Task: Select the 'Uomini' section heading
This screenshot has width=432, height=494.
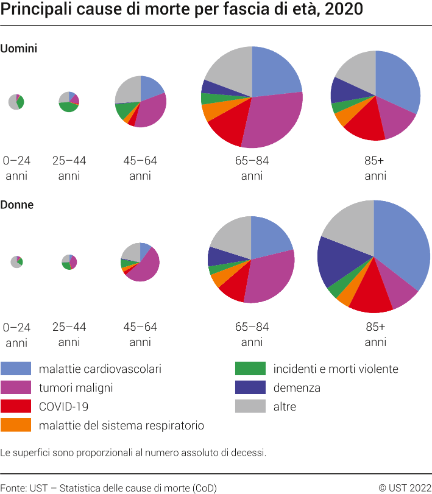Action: click(19, 49)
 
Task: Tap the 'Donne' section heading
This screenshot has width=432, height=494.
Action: click(17, 205)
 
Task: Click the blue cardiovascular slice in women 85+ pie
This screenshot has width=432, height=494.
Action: click(402, 244)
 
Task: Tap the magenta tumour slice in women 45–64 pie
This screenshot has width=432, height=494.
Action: click(143, 268)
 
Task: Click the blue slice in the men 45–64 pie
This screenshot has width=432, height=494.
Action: click(151, 86)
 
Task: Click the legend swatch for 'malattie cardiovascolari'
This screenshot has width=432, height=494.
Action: click(16, 369)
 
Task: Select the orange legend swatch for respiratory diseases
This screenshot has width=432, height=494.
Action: click(16, 425)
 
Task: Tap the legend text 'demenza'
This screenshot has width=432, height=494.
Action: click(297, 387)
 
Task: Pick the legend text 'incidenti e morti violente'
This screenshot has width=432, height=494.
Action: click(336, 369)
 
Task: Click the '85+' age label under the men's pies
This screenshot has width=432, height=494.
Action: click(375, 161)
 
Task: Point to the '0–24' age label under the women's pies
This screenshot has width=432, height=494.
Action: click(17, 327)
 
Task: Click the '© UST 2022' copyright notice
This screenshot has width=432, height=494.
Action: click(405, 487)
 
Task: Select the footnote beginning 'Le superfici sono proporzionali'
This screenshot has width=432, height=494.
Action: click(133, 453)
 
